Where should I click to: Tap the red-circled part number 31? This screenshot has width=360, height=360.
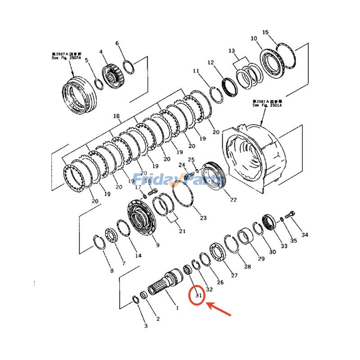198,296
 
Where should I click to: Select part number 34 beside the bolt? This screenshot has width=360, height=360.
305,235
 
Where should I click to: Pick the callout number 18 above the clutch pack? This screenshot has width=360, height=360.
117,117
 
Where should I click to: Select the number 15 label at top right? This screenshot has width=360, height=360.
265,32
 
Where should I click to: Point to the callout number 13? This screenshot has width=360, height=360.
232,50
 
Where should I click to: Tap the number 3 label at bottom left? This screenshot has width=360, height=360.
145,325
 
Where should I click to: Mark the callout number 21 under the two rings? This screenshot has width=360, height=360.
182,231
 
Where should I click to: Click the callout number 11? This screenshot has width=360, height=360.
196,71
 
